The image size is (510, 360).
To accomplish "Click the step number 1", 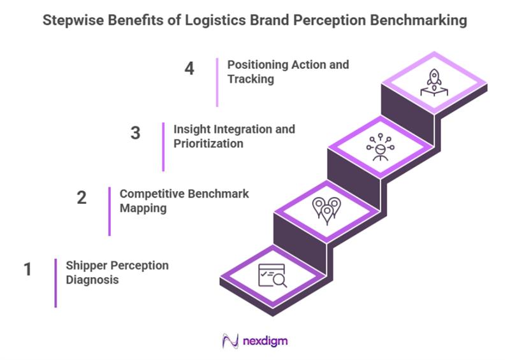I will point(27,270).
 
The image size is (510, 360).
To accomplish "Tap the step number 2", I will point(81,198).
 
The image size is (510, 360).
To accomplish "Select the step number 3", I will point(135,134).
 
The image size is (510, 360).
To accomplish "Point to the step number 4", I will point(189,69).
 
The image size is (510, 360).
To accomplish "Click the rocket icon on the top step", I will point(433,83).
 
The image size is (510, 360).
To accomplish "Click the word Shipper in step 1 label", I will point(85,266).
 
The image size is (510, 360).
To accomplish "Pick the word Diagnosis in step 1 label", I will point(92,280).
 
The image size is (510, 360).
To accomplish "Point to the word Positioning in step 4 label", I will point(257,65).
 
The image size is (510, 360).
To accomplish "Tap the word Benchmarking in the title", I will point(420,20).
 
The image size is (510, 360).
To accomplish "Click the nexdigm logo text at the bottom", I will point(265,341).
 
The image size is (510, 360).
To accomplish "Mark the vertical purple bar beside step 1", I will point(55,283).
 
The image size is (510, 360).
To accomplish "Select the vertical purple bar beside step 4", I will point(217,82).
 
